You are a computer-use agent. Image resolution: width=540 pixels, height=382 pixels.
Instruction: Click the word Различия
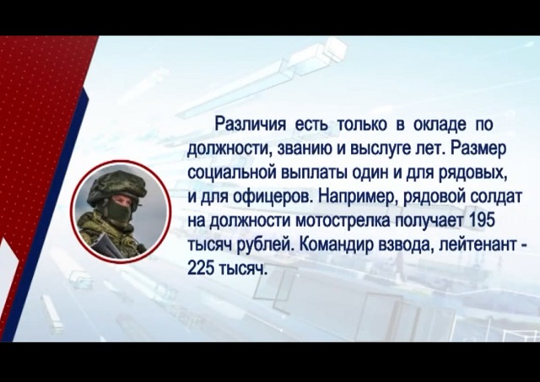click(250, 124)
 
